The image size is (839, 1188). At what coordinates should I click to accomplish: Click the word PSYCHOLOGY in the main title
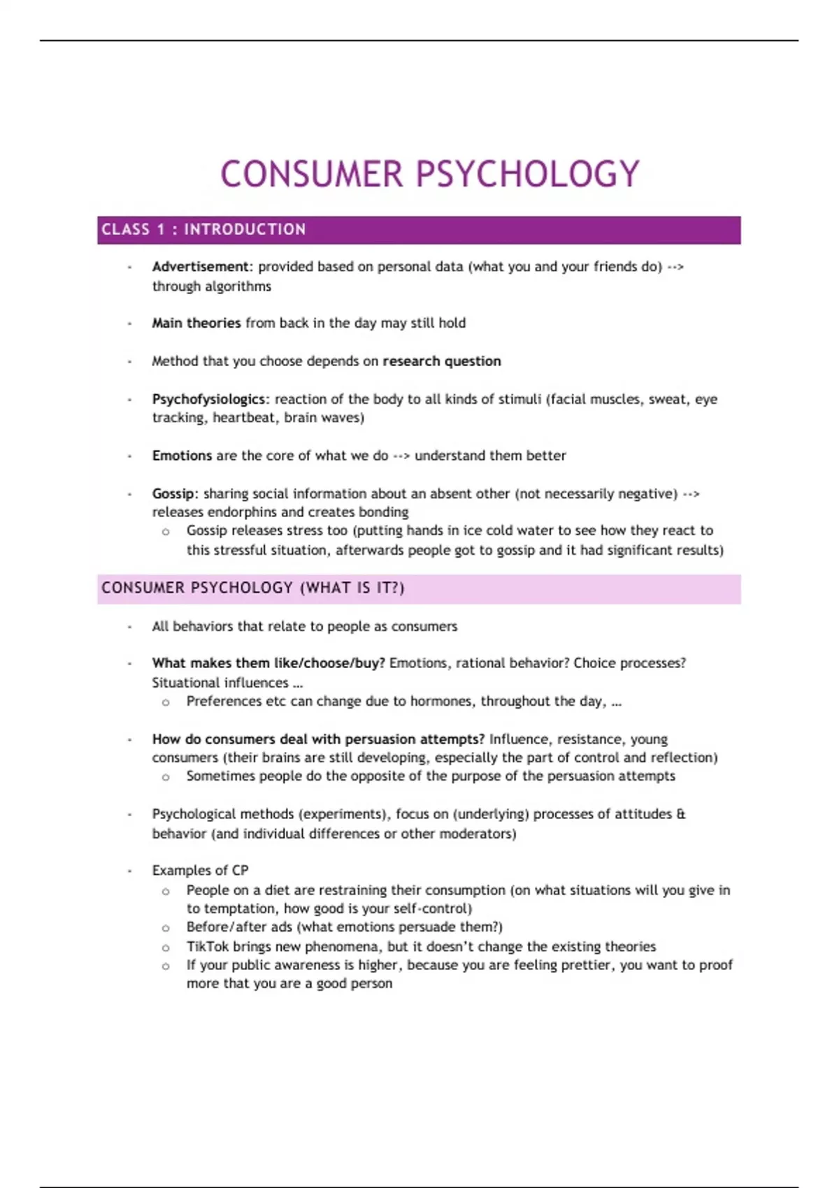[528, 174]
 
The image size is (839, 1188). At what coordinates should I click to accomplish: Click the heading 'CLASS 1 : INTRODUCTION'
[203, 229]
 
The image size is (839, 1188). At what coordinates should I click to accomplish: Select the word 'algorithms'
[238, 286]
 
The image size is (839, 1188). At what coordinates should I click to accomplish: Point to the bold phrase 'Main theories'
[196, 323]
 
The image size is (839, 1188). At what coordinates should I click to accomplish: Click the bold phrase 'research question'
[442, 361]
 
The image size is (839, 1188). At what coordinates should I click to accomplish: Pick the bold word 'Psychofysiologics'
[208, 399]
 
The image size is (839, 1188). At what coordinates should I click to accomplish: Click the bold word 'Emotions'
[182, 456]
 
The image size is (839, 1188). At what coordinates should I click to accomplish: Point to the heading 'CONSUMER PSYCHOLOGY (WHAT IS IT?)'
[252, 588]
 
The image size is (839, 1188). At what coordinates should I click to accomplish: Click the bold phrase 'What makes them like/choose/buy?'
[268, 663]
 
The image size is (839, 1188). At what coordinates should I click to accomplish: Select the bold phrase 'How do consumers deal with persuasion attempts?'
[318, 739]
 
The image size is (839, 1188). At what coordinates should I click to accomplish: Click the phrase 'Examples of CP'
[200, 870]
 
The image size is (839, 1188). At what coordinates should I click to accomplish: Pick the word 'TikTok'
[208, 946]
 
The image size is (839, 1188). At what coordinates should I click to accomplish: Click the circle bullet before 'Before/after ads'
[166, 928]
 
